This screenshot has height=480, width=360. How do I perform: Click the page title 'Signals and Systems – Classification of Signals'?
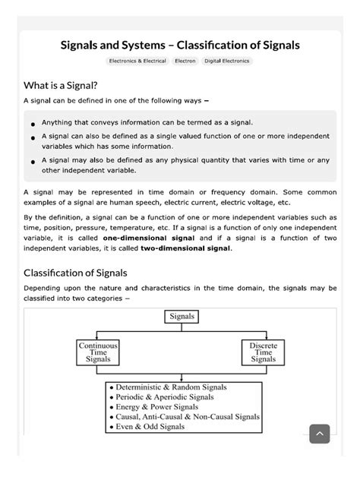point(180,46)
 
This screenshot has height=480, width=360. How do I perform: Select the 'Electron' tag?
point(185,61)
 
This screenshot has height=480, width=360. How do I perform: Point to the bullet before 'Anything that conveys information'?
point(33,124)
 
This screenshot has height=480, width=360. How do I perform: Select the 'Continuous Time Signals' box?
point(98,352)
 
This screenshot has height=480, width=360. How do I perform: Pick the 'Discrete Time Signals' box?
point(264,352)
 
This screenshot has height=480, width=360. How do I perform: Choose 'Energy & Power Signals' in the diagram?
point(157,406)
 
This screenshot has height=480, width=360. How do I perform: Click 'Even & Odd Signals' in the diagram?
point(151,426)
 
